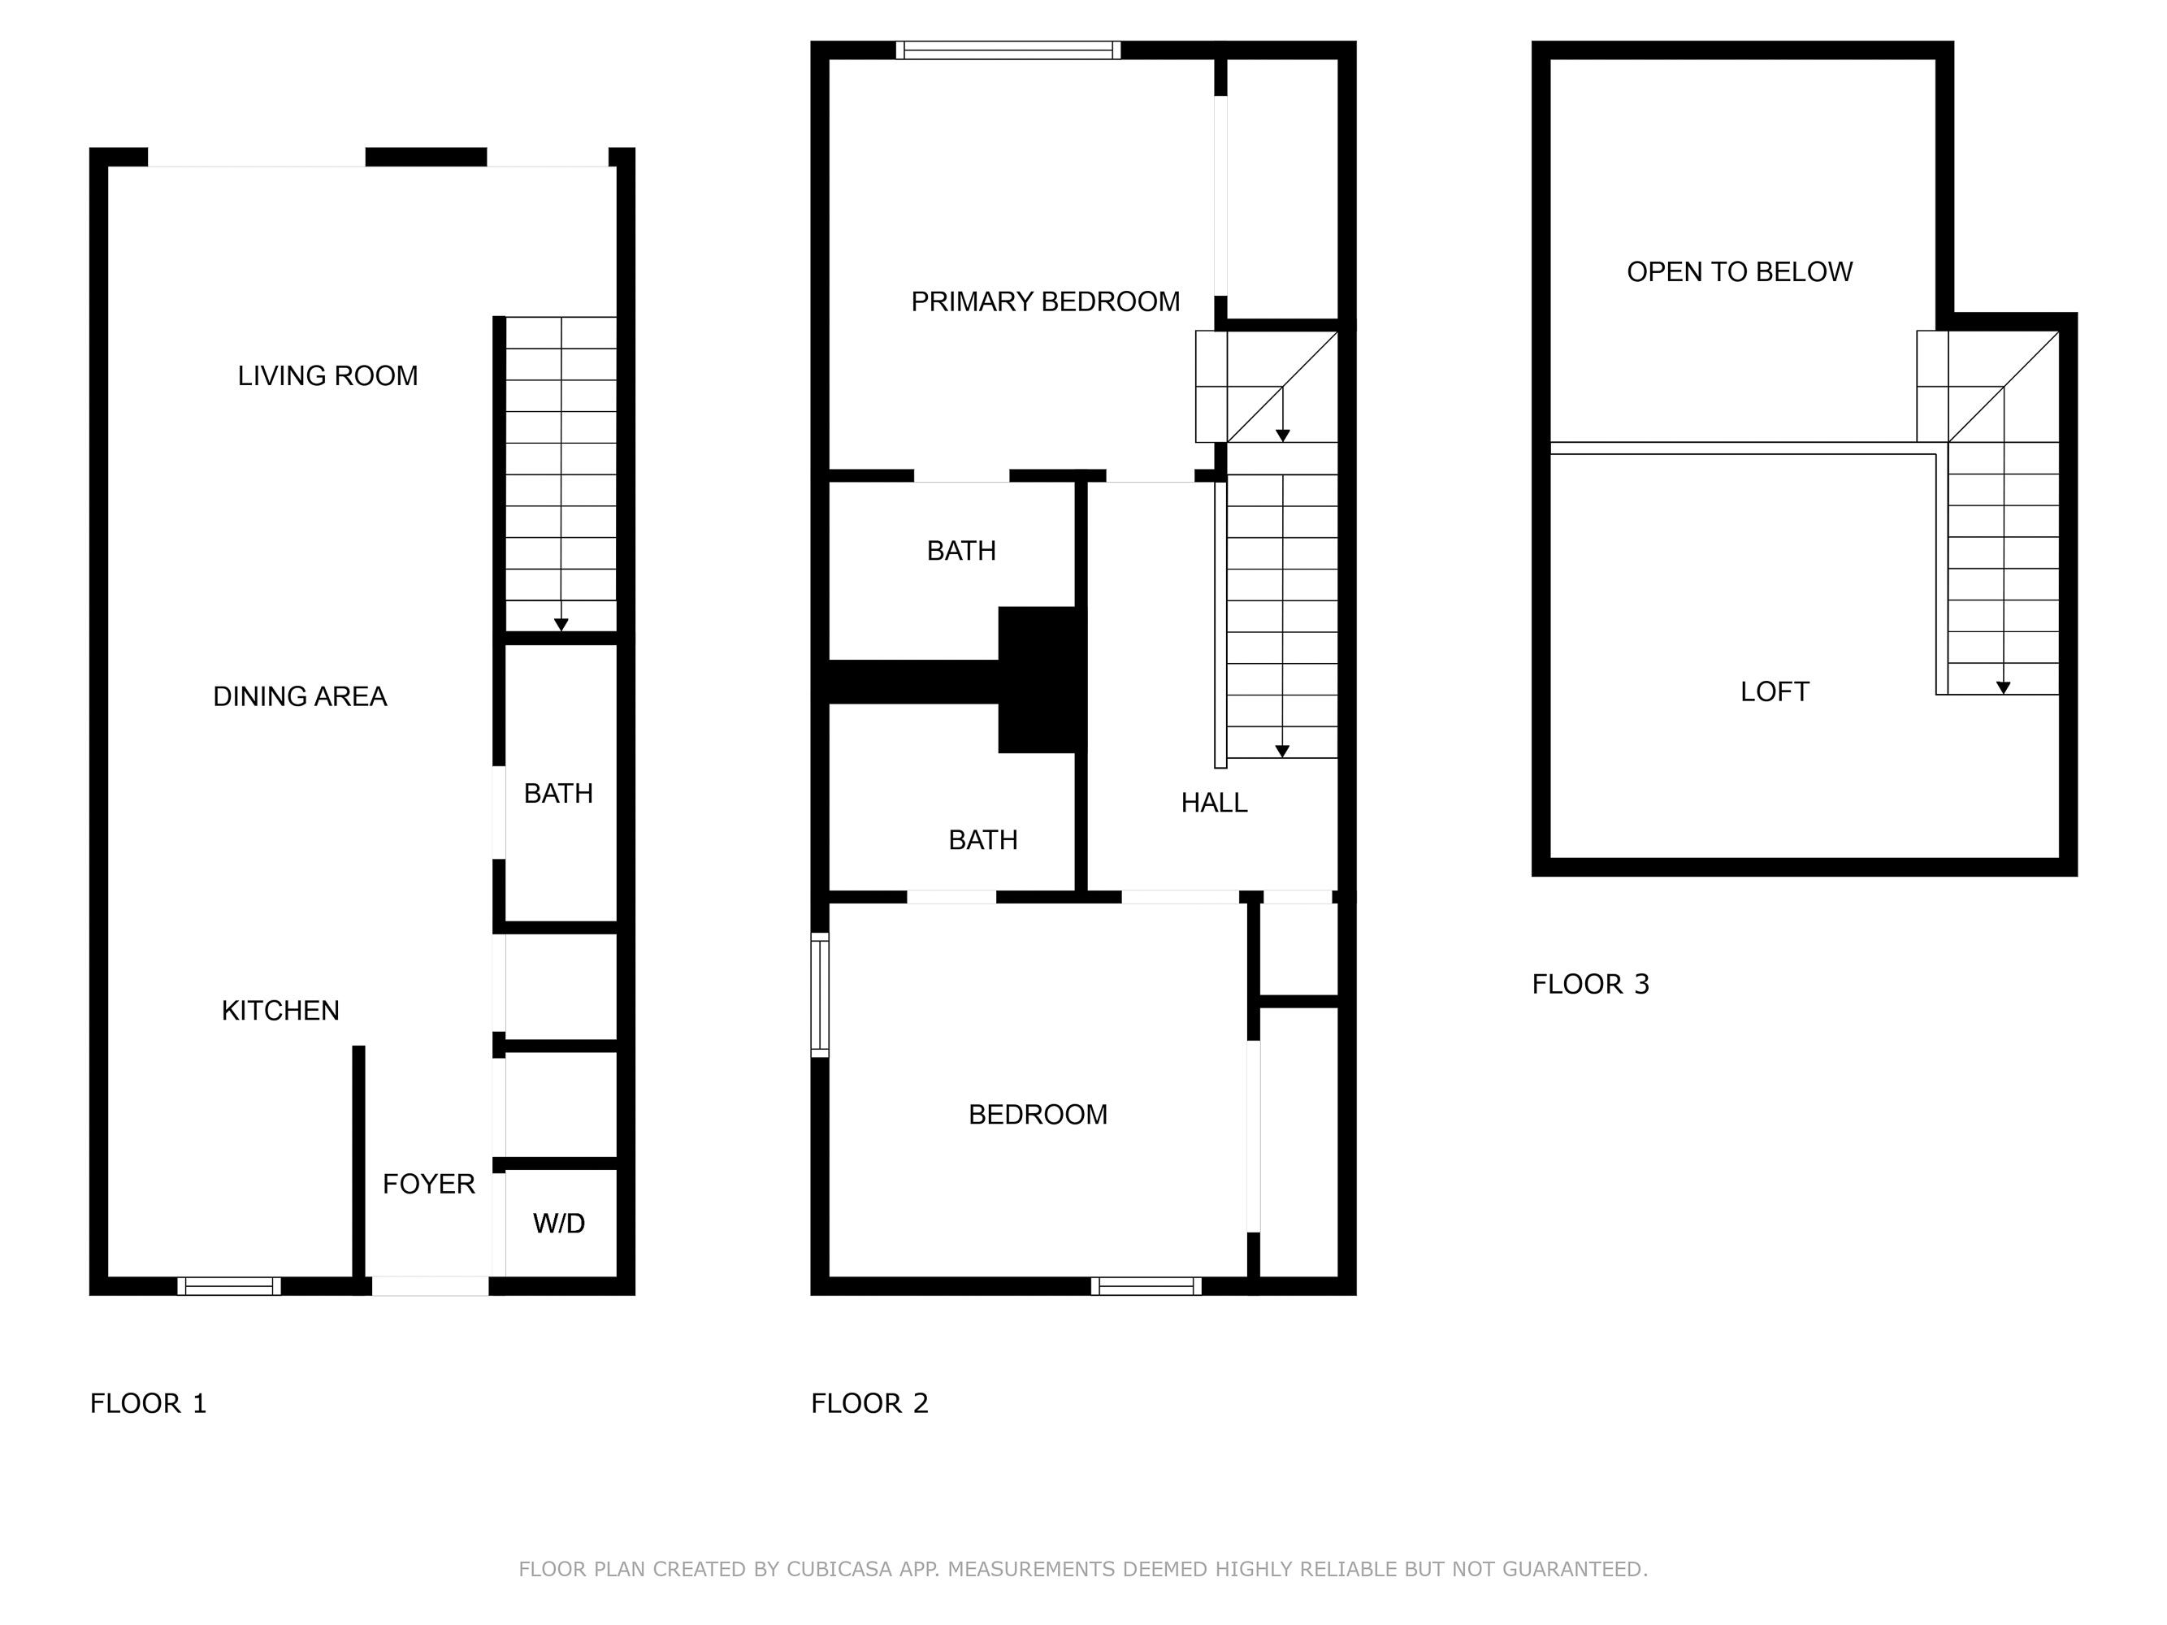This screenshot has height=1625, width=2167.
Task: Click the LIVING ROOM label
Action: coord(327,376)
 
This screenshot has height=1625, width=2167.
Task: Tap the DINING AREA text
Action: coord(300,696)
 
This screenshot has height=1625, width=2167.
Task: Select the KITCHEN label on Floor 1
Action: coord(280,1010)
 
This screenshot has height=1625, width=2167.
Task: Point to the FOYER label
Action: coord(428,1185)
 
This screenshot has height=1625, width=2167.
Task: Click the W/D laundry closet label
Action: coord(558,1224)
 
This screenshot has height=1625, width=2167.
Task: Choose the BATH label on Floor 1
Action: coord(558,793)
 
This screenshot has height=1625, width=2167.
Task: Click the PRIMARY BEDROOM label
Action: coord(1045,301)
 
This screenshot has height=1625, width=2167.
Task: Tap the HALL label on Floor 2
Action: coord(1214,804)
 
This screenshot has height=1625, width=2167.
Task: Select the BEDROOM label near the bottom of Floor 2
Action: coord(1038,1115)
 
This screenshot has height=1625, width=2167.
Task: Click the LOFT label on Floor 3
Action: coord(1775,691)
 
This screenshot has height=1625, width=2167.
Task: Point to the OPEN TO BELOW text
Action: coord(1739,272)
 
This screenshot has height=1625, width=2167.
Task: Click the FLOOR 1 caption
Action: coord(148,1404)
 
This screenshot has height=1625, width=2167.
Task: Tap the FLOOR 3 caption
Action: coord(1590,985)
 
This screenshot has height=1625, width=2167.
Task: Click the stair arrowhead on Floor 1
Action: coord(561,625)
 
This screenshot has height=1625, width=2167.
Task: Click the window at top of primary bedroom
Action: coord(1008,50)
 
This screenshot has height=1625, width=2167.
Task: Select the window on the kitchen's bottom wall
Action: coord(229,1286)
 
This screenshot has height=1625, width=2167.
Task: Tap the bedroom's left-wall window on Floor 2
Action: coord(820,995)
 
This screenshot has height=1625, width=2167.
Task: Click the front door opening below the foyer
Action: coord(430,1286)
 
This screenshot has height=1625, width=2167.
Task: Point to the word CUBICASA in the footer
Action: coord(839,1569)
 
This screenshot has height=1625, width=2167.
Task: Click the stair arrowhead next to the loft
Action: coord(2004,687)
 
